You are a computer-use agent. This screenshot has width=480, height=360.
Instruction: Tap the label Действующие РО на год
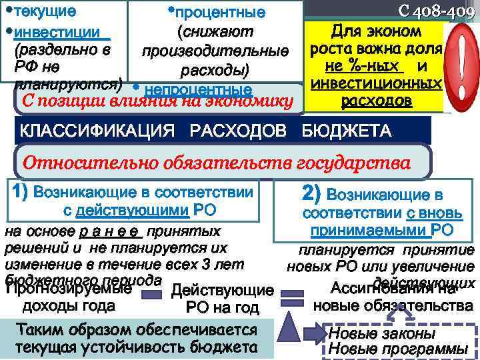(x=222, y=299)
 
